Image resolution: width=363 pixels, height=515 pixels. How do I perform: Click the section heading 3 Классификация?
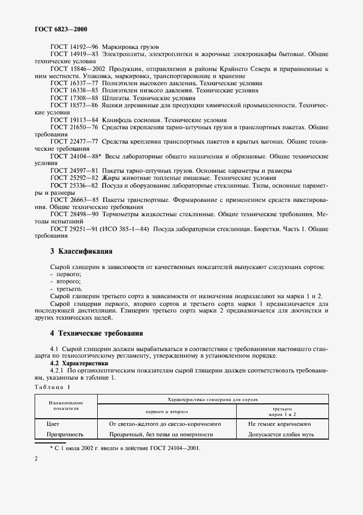click(81, 251)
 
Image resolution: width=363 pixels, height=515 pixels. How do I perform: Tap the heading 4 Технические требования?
click(96, 333)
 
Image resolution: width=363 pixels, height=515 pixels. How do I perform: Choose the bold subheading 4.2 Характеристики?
click(79, 364)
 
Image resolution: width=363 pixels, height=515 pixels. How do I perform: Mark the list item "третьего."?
click(66, 288)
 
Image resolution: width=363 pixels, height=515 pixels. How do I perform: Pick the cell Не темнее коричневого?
click(279, 424)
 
